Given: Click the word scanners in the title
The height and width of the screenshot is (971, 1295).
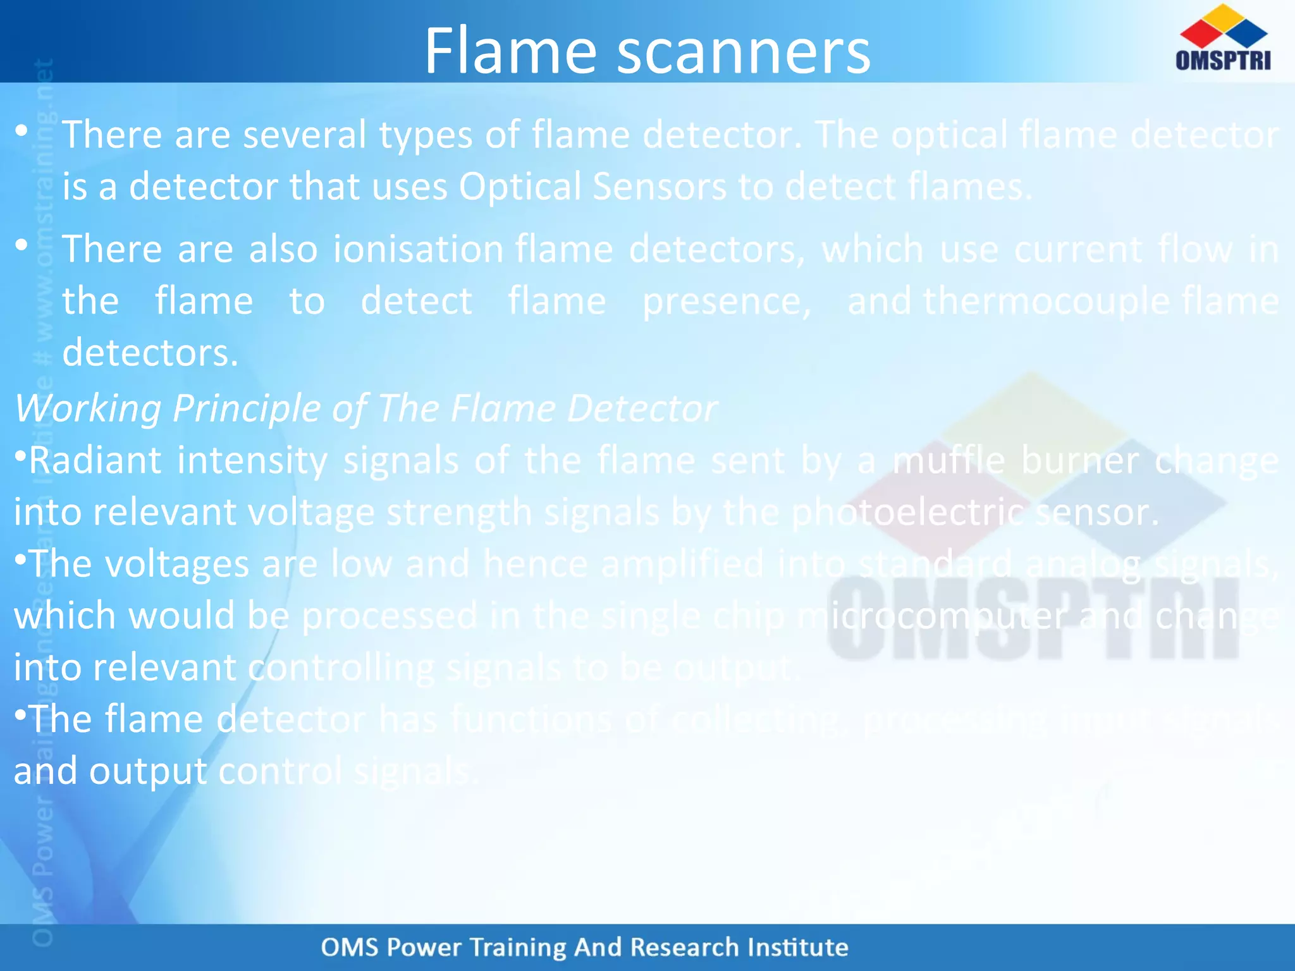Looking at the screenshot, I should [x=744, y=52].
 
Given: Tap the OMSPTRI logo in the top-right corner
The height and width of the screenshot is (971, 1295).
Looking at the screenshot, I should [x=1223, y=38].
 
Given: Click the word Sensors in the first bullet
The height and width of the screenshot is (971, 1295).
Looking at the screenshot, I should [x=660, y=187].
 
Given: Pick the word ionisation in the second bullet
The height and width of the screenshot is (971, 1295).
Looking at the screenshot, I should [x=418, y=249].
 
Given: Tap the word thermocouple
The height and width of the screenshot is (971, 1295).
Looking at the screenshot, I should [x=1046, y=301].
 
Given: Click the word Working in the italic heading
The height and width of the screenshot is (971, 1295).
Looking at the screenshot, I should [x=88, y=408].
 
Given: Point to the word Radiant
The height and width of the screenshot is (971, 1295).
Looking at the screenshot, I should [x=95, y=460].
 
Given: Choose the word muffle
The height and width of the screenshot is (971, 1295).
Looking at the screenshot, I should [x=948, y=460].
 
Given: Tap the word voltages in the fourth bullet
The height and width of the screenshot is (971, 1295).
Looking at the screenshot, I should [x=177, y=564].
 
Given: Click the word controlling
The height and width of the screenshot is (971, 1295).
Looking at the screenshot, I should [x=341, y=668].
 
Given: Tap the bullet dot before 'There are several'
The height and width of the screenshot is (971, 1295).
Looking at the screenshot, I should [x=22, y=131].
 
